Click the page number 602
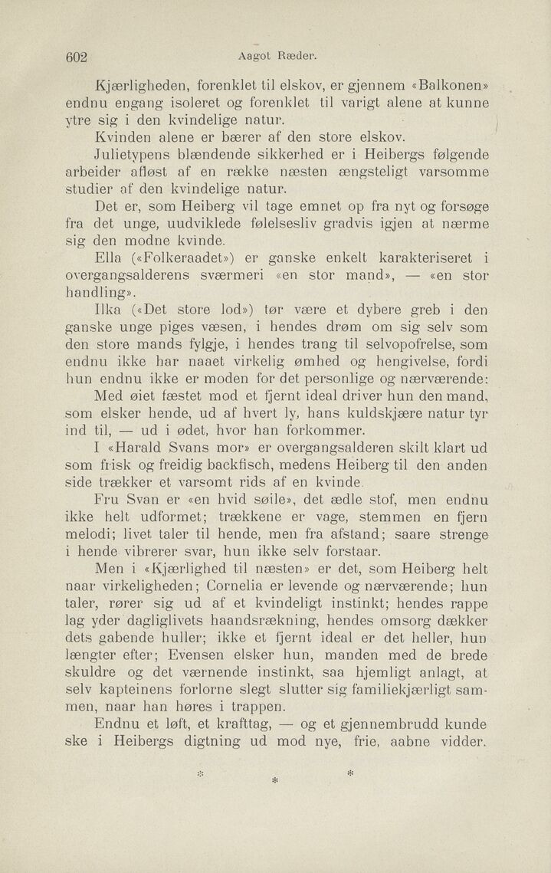tap(78, 57)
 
